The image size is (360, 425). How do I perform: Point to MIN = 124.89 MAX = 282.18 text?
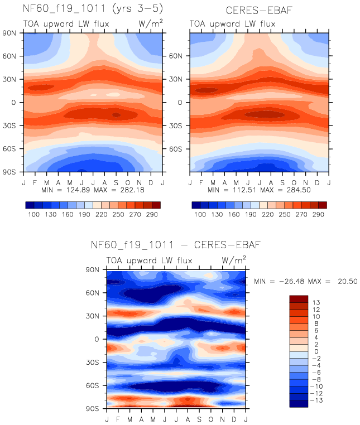pos(92,190)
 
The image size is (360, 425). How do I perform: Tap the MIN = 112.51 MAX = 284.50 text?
pos(259,190)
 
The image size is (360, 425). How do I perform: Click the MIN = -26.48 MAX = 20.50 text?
pos(305,281)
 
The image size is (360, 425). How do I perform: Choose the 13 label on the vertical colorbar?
pos(316,302)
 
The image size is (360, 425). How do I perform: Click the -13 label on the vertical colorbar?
pos(318,400)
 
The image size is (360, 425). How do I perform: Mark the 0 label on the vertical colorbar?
pos(316,351)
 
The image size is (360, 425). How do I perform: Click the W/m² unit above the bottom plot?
pos(233,260)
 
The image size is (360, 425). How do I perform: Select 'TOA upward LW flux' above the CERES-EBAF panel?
pos(232,24)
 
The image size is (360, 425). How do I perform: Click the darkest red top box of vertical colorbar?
pos(299,299)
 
